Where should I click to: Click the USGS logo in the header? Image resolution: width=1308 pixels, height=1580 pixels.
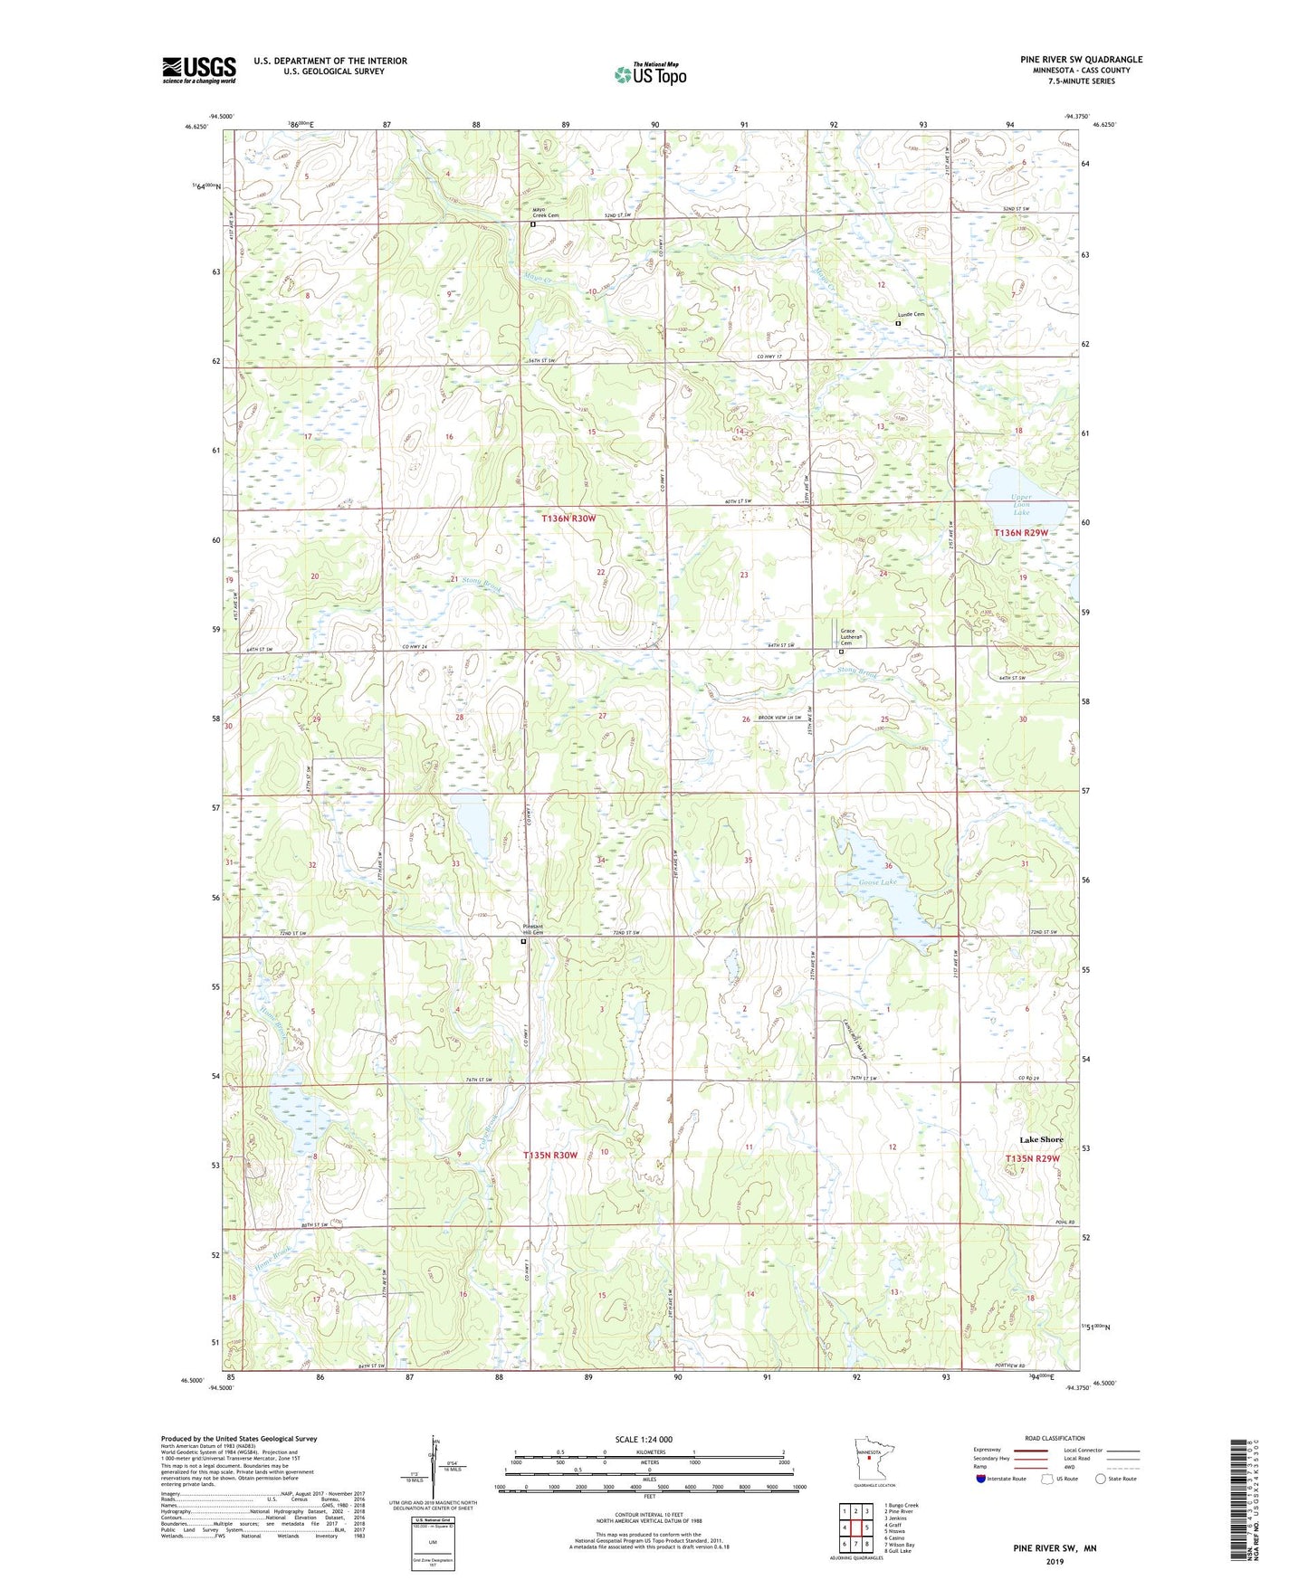point(198,70)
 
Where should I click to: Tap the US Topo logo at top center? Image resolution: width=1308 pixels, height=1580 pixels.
point(649,74)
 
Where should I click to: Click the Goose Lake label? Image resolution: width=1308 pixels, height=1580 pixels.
point(876,881)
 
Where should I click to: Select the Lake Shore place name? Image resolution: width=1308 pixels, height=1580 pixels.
point(1041,1139)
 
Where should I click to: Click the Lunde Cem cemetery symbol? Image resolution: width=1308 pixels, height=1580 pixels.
point(898,323)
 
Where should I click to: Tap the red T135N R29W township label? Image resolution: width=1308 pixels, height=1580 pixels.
point(1032,1158)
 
